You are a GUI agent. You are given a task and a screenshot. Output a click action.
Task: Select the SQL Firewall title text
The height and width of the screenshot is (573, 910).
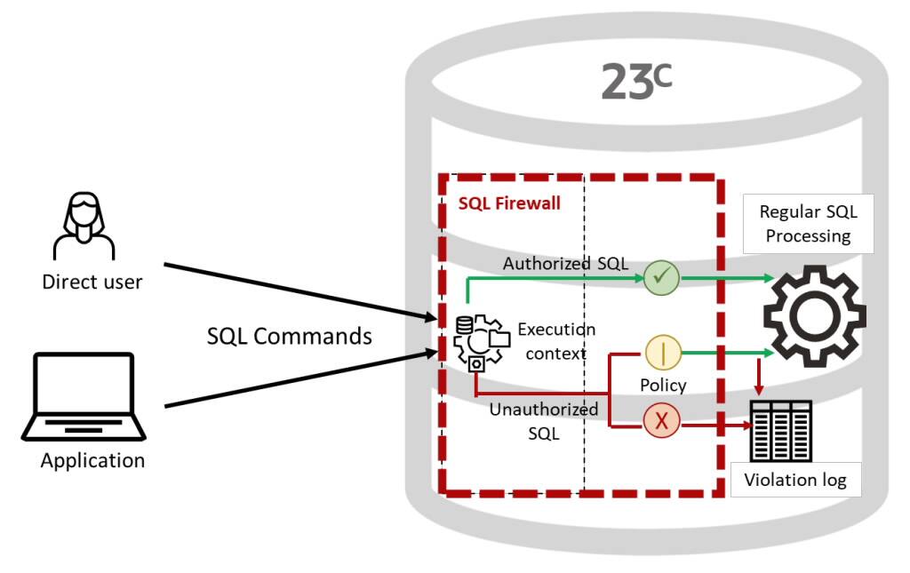pos(509,203)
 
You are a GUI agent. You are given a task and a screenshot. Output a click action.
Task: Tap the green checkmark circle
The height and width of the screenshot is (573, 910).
pos(660,278)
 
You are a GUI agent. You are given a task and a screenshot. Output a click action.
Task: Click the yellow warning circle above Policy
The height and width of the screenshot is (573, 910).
pos(663,353)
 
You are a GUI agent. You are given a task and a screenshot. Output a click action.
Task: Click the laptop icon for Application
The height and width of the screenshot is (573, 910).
pos(84,396)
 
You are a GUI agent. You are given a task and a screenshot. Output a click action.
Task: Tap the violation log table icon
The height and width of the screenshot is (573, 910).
pos(782,431)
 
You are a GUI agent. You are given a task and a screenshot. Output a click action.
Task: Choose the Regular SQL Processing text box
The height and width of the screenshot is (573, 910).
pos(808,223)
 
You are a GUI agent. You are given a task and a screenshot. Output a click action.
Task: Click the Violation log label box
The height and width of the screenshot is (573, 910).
pos(795,481)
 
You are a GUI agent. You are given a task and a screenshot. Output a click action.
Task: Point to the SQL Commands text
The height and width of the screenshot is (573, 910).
pos(290,336)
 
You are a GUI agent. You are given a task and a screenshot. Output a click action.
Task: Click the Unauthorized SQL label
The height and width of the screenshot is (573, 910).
pos(543,420)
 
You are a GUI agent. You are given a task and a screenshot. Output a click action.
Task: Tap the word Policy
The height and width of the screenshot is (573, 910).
pos(663,385)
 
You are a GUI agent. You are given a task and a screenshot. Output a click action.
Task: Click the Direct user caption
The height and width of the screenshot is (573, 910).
pos(92,283)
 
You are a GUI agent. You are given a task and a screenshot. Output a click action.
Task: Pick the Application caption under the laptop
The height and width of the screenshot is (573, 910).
pos(92,460)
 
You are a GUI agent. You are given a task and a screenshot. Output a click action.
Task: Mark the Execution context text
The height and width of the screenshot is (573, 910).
pos(555,341)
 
